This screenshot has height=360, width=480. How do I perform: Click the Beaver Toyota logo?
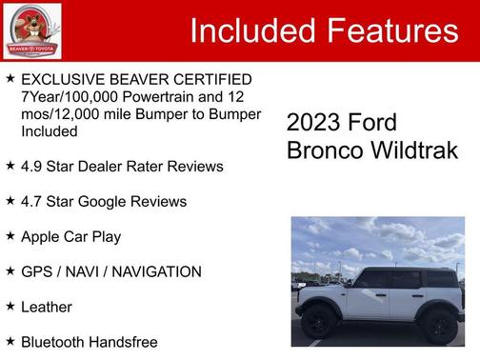pos(31,30)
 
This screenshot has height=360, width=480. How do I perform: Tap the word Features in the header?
pos(391,31)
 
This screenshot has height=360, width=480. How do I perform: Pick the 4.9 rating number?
pos(33,167)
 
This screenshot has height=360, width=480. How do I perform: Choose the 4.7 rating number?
pos(33,202)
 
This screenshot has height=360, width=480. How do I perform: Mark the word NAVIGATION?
pos(153,272)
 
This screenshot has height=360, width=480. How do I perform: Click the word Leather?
pos(47,308)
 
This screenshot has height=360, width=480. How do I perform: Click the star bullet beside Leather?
pos(10,307)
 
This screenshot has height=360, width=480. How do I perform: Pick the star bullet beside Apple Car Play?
pos(10,236)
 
